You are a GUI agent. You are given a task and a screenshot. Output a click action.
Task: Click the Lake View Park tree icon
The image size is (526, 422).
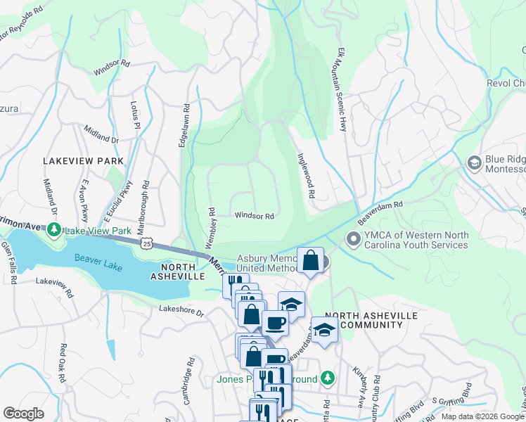pos(53,229)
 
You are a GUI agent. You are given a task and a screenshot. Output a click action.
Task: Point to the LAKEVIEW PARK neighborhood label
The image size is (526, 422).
pos(83,161)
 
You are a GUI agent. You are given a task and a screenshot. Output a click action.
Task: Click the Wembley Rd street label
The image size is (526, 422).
pos(210,227)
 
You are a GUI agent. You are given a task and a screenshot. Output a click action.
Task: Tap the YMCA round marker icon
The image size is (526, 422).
pos(353,240)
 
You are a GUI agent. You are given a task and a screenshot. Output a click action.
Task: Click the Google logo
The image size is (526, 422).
pos(23,413)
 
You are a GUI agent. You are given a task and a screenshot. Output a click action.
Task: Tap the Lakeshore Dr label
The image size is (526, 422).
pos(181,309)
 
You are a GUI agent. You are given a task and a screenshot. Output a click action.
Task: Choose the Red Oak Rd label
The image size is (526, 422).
pos(62,363)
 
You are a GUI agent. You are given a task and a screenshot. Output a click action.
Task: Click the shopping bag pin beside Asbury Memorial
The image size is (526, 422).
pos(310,261)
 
